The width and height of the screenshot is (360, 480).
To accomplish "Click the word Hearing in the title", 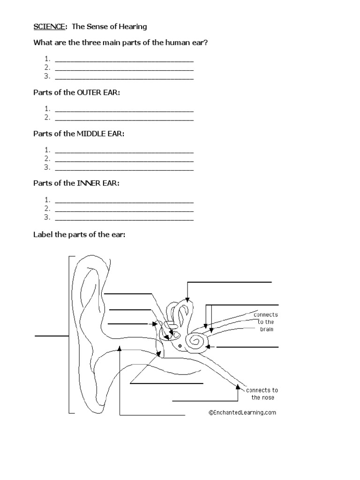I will click(x=134, y=27).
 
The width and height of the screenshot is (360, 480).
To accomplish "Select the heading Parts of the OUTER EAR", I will click(x=76, y=93).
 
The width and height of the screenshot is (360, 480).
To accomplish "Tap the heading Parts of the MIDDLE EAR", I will click(x=79, y=134).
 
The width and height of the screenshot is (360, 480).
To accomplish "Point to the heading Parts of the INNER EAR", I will click(x=76, y=183).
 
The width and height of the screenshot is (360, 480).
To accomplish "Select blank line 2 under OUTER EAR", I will click(x=124, y=119).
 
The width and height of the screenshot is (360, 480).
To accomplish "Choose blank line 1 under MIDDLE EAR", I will click(x=124, y=151).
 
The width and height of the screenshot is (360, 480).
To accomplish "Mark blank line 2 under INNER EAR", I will click(x=124, y=209).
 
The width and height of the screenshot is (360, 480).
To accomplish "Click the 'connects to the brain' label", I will click(x=265, y=322).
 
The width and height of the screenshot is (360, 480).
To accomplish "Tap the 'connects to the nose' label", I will click(x=262, y=394).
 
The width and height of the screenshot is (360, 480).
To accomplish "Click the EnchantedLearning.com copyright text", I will click(x=242, y=412).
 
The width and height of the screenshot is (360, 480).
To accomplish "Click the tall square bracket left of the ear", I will click(x=70, y=335).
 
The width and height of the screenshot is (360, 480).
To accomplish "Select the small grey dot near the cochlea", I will click(x=180, y=346).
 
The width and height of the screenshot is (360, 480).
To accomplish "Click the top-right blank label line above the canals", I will click(x=229, y=282).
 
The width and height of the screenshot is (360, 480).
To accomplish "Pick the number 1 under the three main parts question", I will click(x=47, y=59).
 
